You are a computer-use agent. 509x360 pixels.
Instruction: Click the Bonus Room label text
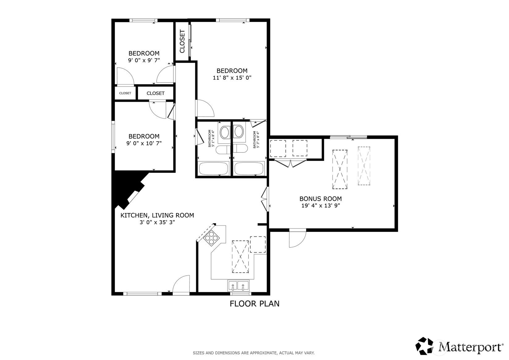coord(320,199)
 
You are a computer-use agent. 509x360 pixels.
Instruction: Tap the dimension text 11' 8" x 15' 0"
coord(232,78)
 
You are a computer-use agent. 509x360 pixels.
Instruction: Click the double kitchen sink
coord(238,285)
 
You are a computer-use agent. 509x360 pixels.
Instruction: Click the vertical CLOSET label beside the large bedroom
coord(182,41)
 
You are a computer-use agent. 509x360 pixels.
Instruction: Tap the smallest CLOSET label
coord(125,93)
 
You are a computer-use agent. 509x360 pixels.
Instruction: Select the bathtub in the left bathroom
coord(213,169)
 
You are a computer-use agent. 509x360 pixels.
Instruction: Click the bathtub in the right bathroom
coord(249,169)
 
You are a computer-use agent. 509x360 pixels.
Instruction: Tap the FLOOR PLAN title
coord(254,304)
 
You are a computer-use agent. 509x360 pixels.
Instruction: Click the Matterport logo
coord(459,346)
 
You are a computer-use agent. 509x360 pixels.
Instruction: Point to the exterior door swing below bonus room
coord(297,239)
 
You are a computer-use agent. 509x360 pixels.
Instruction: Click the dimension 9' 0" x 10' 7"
coord(144,143)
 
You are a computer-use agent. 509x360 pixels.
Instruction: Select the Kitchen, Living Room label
coord(157,215)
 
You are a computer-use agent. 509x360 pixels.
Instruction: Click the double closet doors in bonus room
coord(291,163)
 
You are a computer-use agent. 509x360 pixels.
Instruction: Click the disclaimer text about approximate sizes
coord(253,353)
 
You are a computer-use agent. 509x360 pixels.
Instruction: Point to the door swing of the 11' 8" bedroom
coord(204,108)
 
